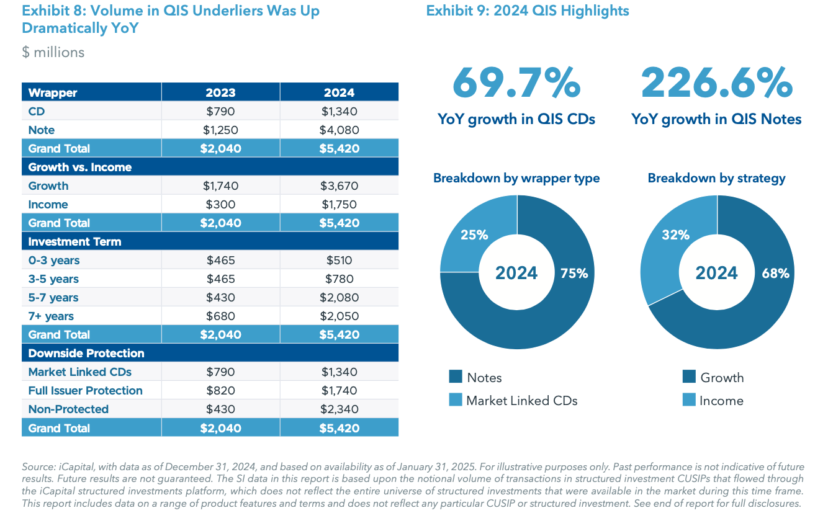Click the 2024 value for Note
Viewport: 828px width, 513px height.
click(339, 130)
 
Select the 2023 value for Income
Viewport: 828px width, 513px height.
click(220, 204)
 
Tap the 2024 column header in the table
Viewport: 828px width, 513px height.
click(339, 92)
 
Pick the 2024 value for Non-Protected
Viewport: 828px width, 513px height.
click(339, 409)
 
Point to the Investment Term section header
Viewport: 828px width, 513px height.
click(74, 241)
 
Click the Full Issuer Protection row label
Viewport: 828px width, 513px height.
click(85, 390)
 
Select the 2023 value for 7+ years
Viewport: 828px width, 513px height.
click(220, 316)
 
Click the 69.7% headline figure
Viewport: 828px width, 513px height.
click(516, 83)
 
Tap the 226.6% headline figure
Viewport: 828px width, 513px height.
click(716, 83)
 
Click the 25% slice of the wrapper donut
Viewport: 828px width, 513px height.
click(474, 235)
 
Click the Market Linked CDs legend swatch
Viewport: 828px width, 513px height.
click(456, 400)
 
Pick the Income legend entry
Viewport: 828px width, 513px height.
click(721, 401)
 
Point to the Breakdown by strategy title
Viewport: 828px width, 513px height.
click(716, 178)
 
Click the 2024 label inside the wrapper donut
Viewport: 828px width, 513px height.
click(516, 273)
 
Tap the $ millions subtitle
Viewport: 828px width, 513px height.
click(53, 52)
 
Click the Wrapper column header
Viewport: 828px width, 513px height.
click(53, 92)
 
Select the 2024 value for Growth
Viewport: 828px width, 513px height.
click(339, 185)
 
